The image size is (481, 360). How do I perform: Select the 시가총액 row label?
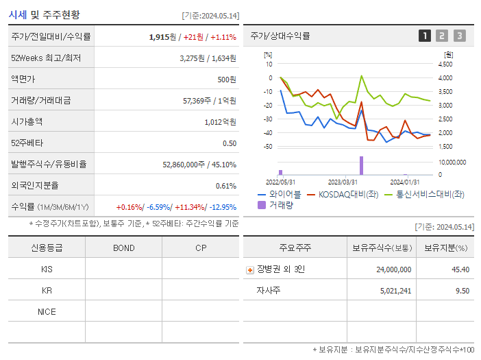click(x=27, y=121)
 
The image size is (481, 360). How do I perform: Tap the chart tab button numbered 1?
click(x=425, y=36)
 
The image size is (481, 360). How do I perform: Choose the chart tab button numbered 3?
click(x=459, y=36)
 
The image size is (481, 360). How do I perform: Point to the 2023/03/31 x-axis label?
click(x=343, y=182)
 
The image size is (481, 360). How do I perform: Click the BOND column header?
click(x=123, y=248)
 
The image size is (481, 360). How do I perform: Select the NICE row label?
click(x=47, y=311)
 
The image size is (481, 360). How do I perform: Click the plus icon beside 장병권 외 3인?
click(x=250, y=269)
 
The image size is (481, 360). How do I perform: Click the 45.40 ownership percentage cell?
click(x=460, y=269)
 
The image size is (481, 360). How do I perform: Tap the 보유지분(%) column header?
click(x=445, y=248)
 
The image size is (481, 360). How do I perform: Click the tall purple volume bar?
click(x=361, y=165)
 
